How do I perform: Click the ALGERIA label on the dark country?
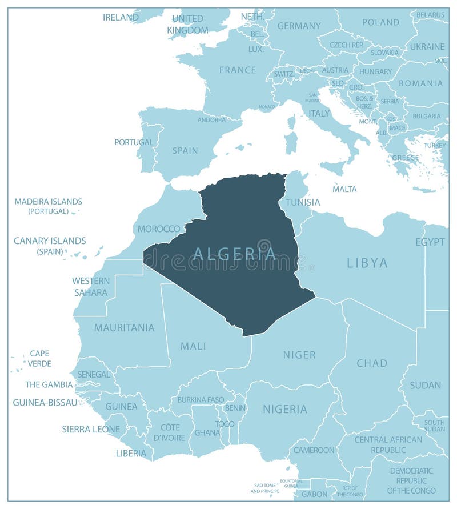click(234, 254)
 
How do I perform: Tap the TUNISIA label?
click(303, 202)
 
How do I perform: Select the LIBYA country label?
click(367, 263)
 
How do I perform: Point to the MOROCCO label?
click(159, 229)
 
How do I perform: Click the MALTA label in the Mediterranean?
click(344, 189)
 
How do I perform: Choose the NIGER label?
click(299, 355)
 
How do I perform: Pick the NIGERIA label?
click(285, 409)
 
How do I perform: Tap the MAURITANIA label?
click(124, 328)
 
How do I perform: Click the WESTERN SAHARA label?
click(90, 287)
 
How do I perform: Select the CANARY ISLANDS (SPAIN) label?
click(50, 246)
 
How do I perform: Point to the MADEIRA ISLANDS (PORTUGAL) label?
click(49, 206)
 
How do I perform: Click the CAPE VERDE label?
click(40, 358)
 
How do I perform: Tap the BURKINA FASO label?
click(201, 399)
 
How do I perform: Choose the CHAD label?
click(372, 363)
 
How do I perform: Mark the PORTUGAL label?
click(134, 142)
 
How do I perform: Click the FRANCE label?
click(238, 70)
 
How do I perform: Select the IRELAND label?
click(121, 17)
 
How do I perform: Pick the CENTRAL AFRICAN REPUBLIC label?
click(388, 444)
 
